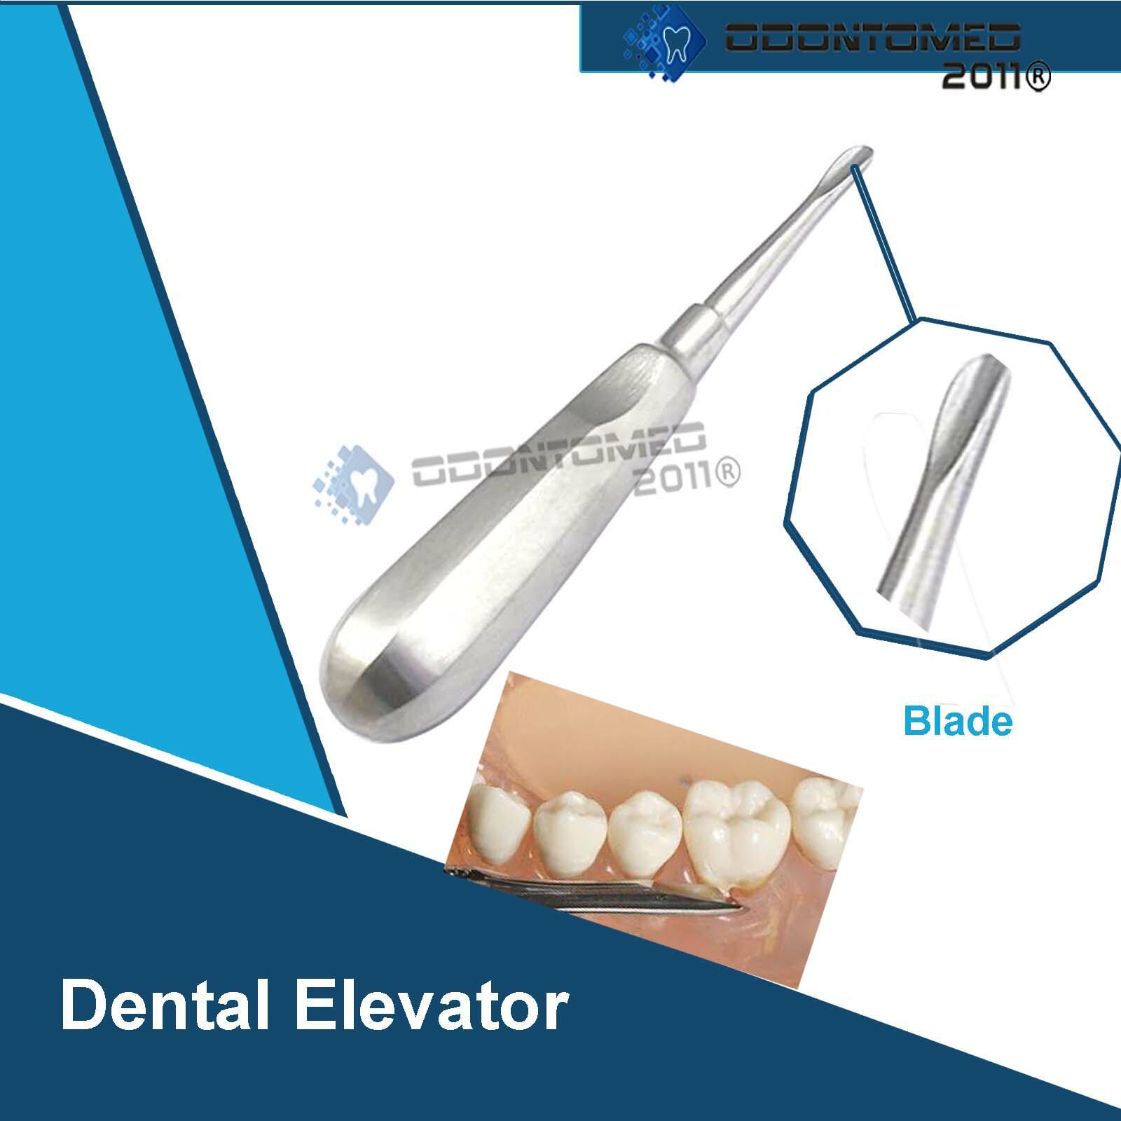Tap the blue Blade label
click(957, 721)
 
